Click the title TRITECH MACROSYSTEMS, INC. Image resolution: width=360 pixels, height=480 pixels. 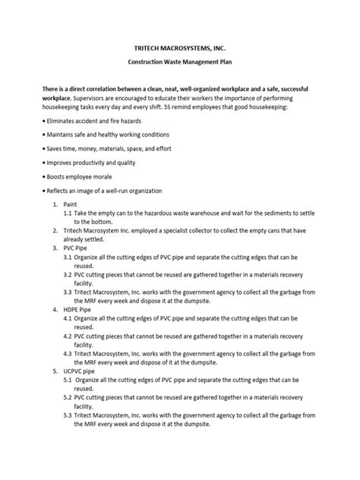(179, 46)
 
